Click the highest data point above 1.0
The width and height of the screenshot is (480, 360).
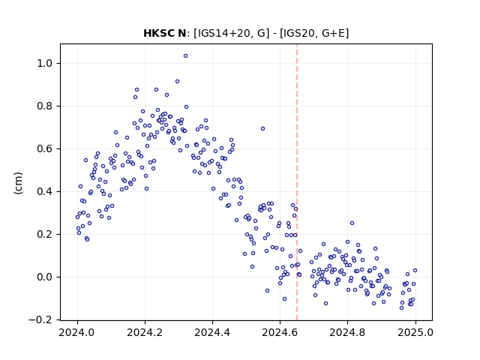[x=185, y=56]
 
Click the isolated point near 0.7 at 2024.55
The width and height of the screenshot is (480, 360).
[x=262, y=128]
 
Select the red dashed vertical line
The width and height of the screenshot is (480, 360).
[x=297, y=182]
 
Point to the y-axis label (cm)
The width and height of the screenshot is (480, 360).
[x=18, y=183]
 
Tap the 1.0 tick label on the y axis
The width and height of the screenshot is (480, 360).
[x=45, y=63]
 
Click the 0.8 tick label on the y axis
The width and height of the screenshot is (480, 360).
[x=45, y=106]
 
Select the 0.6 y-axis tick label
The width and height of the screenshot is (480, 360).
[x=45, y=148]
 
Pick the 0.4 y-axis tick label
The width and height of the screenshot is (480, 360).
[x=45, y=192]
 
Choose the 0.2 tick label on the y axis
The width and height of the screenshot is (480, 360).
[x=45, y=234]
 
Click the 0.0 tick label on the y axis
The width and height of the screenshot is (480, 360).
[x=45, y=277]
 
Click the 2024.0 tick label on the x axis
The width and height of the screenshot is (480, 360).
[x=77, y=332]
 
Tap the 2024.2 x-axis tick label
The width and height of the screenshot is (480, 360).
[x=145, y=332]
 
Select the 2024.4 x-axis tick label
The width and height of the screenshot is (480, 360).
[x=212, y=332]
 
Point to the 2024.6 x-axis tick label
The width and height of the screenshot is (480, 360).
[x=280, y=332]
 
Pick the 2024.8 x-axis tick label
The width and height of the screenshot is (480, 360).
[x=347, y=332]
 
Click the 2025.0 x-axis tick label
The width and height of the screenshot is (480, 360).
[x=415, y=332]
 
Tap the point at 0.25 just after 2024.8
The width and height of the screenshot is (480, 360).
[x=352, y=223]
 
